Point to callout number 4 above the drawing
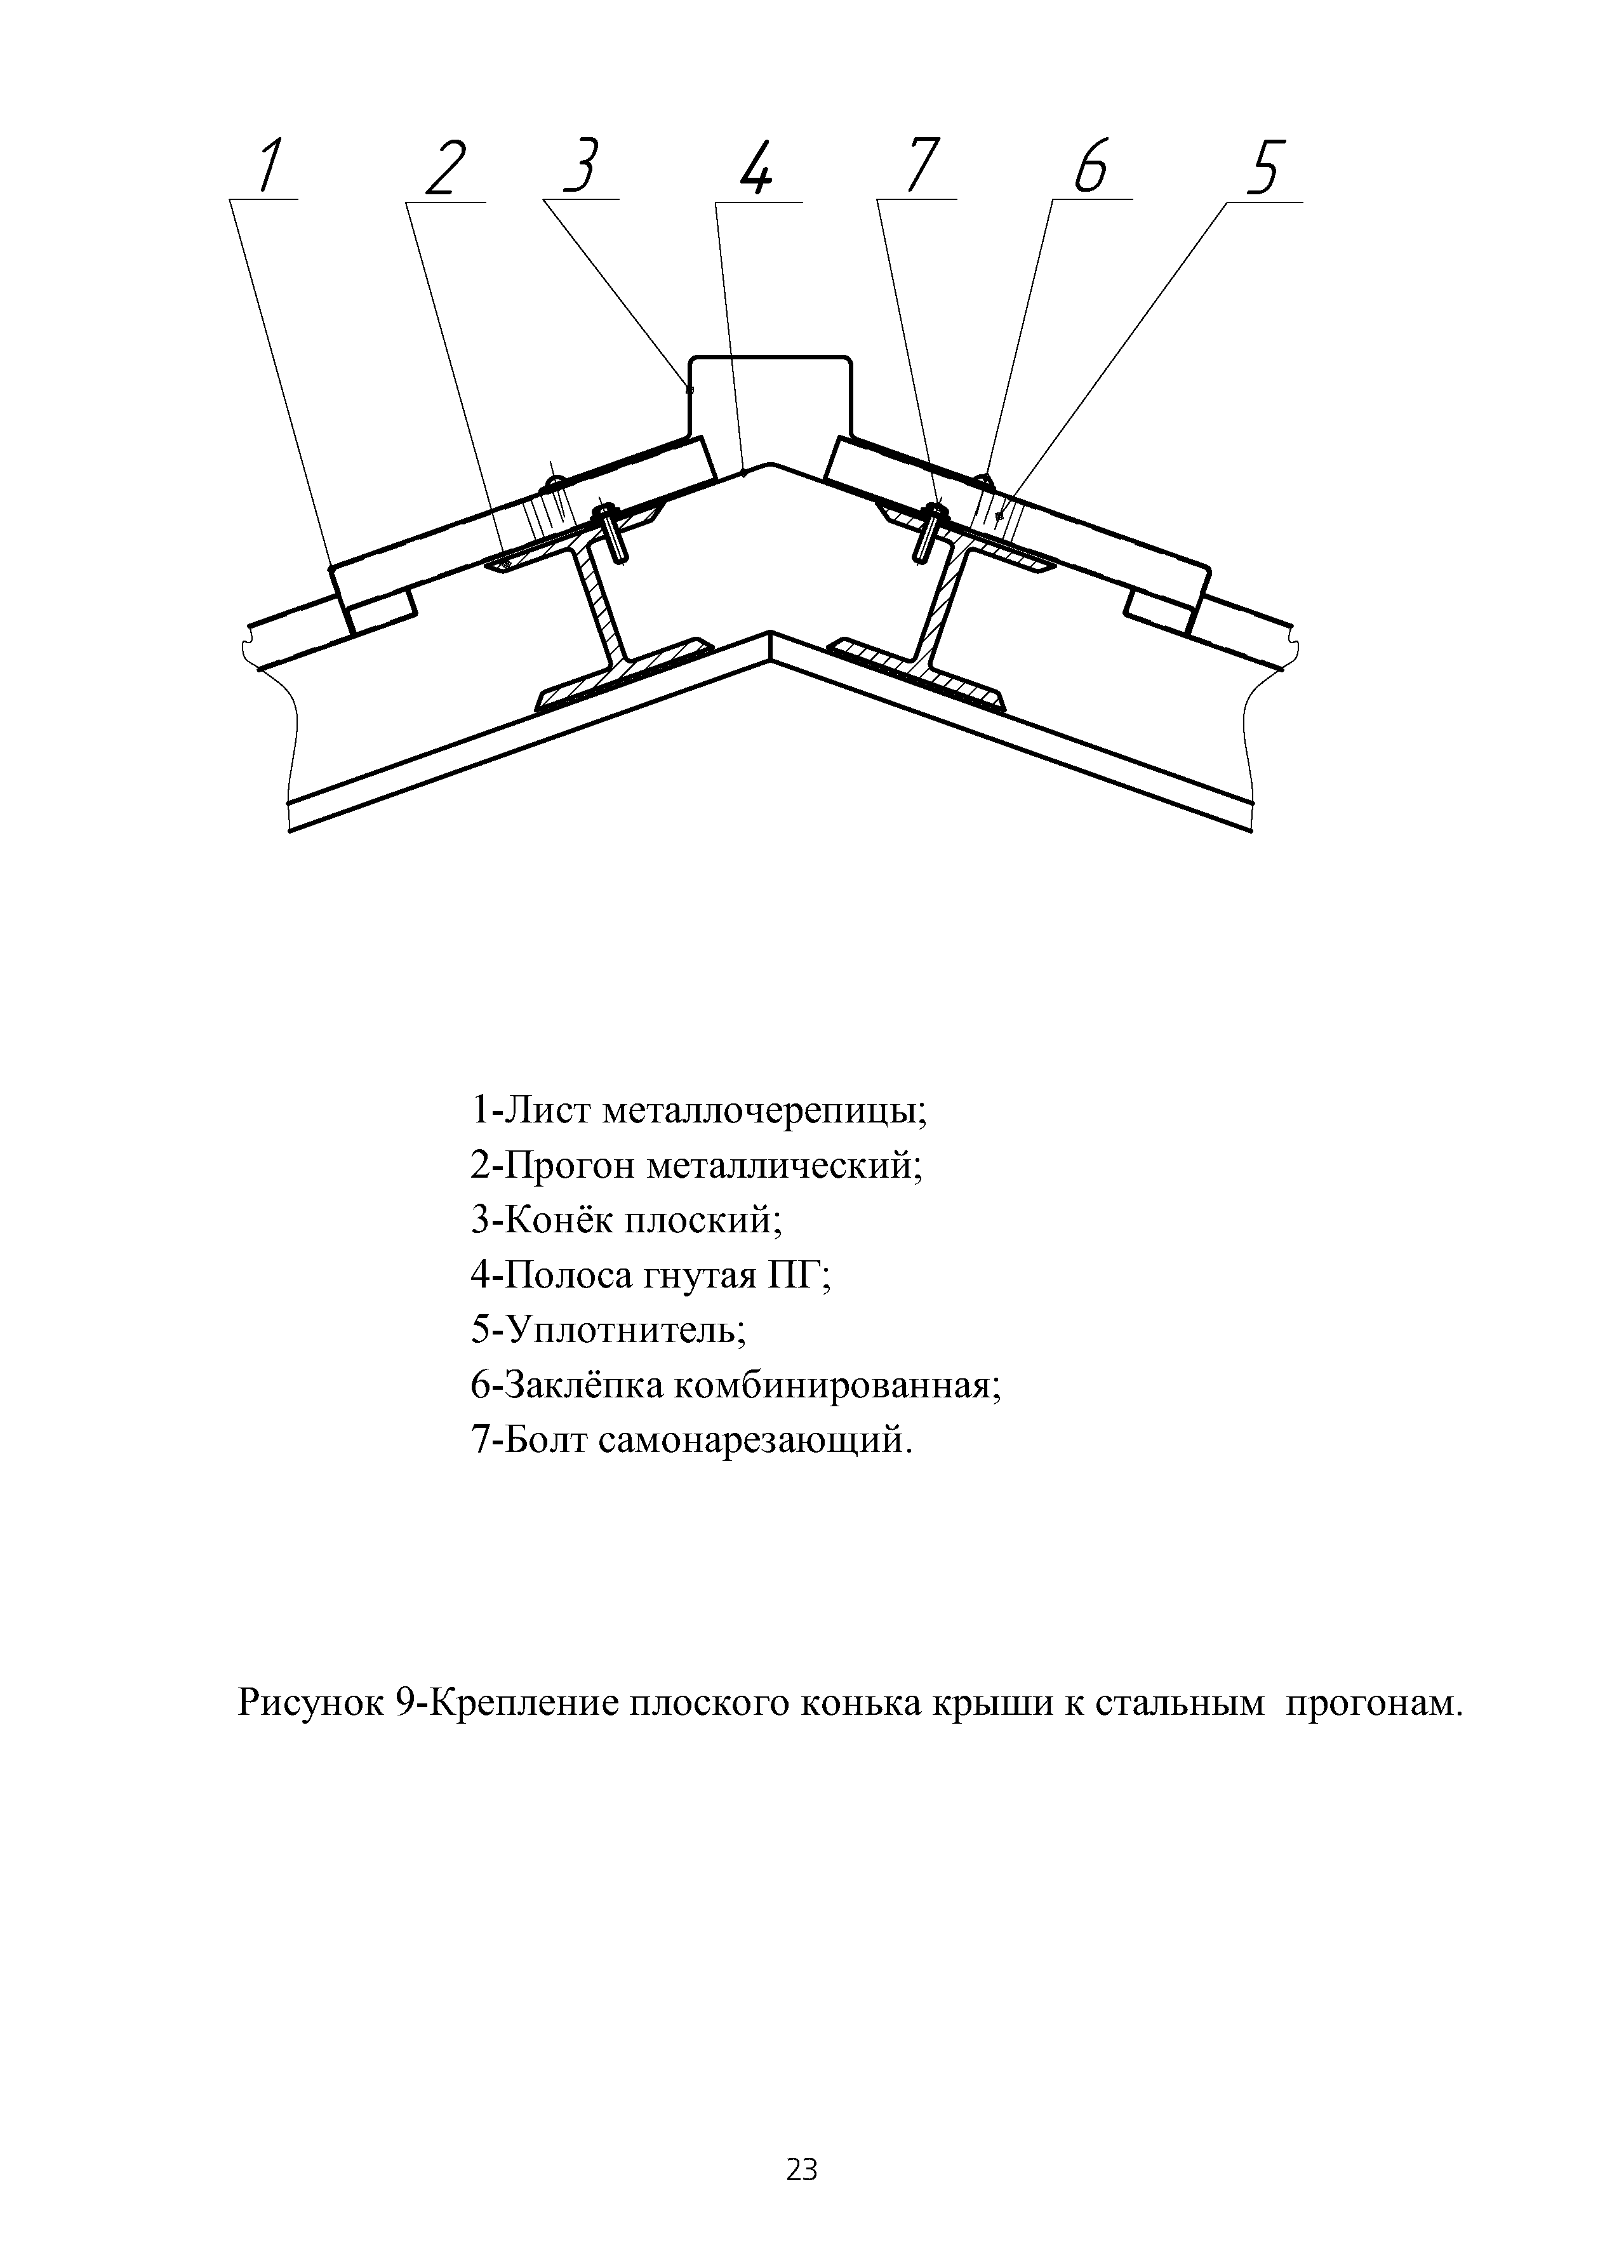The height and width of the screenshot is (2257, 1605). coord(756,168)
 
